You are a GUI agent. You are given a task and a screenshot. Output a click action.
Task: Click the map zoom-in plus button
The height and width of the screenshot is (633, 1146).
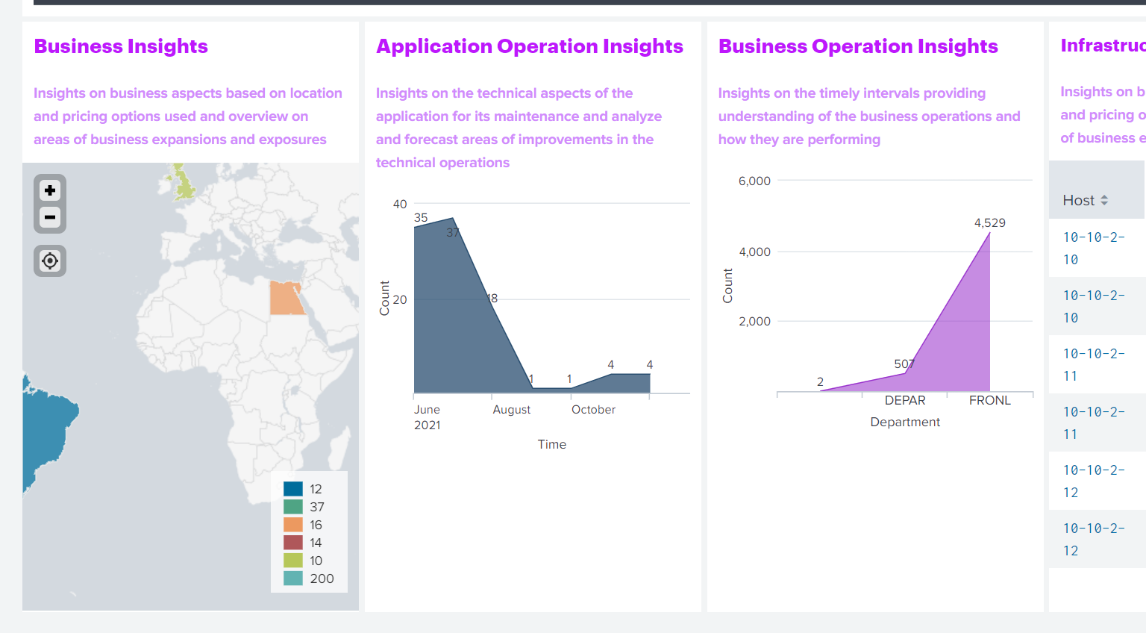tap(50, 190)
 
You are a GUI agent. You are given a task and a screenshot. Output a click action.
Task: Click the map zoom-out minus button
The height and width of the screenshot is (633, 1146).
tap(50, 218)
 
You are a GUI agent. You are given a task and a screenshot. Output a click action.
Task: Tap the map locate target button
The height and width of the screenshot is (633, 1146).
tap(50, 261)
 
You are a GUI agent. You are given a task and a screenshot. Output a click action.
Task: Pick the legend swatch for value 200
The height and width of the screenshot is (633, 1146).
tap(293, 579)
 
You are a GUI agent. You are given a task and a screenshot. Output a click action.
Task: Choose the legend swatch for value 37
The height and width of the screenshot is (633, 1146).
tap(293, 507)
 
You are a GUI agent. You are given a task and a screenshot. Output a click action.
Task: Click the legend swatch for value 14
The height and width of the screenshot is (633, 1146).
tap(293, 543)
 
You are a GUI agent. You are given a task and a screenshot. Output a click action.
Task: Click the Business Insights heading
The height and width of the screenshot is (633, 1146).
tap(121, 46)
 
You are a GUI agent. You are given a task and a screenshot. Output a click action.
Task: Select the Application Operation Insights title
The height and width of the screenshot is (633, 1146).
tap(529, 46)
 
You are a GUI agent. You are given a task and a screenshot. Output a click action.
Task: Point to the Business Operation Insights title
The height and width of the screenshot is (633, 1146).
tap(857, 46)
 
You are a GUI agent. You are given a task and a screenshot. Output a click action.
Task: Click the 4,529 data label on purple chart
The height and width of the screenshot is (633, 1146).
tap(989, 223)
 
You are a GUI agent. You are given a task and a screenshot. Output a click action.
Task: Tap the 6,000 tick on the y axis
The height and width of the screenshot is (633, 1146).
tap(754, 181)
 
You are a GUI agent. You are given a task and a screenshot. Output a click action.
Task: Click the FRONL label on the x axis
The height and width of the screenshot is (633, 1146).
tap(989, 401)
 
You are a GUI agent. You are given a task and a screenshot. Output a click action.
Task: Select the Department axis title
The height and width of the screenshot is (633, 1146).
tap(904, 422)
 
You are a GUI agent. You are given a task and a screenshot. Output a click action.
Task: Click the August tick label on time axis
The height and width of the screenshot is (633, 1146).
tap(511, 410)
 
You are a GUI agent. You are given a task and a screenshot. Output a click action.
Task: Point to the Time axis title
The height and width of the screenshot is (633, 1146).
tap(551, 445)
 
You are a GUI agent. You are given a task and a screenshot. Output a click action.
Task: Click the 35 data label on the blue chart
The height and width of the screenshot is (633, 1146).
tap(421, 218)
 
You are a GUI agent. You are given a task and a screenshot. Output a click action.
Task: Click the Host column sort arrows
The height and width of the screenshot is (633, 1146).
tap(1104, 201)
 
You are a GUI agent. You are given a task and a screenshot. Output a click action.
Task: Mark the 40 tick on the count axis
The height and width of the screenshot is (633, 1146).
tap(400, 205)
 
